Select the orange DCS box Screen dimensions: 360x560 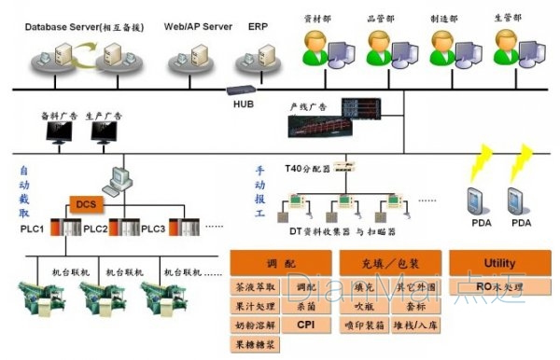[x=86, y=203]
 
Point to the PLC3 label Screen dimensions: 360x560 [x=153, y=228]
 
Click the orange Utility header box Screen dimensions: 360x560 [x=499, y=263]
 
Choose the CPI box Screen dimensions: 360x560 [x=305, y=325]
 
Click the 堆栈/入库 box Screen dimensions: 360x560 [x=413, y=325]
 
